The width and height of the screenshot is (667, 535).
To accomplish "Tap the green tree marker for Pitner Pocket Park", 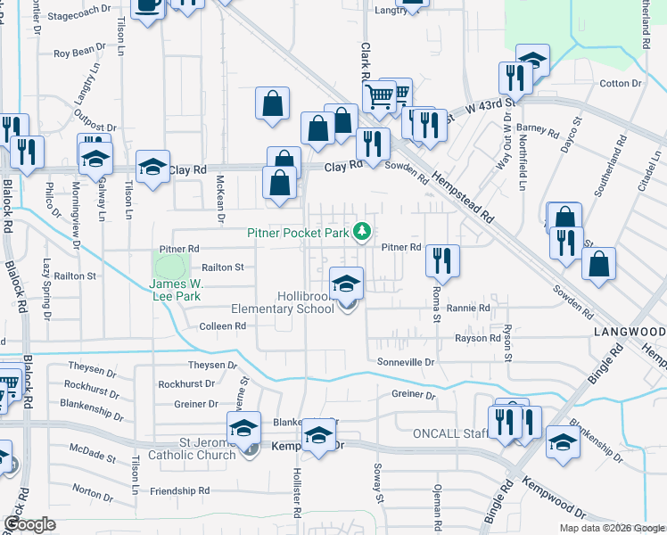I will click(x=362, y=233).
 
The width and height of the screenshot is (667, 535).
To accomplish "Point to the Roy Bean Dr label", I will click(x=80, y=53).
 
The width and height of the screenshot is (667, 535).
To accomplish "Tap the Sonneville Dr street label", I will click(x=405, y=363).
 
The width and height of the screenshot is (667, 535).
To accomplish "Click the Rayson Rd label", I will click(x=477, y=338).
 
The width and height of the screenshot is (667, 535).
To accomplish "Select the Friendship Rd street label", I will click(x=179, y=490).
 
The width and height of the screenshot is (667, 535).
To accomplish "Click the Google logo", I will click(x=29, y=523).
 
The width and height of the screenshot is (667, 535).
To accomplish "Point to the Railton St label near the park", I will click(x=223, y=267).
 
